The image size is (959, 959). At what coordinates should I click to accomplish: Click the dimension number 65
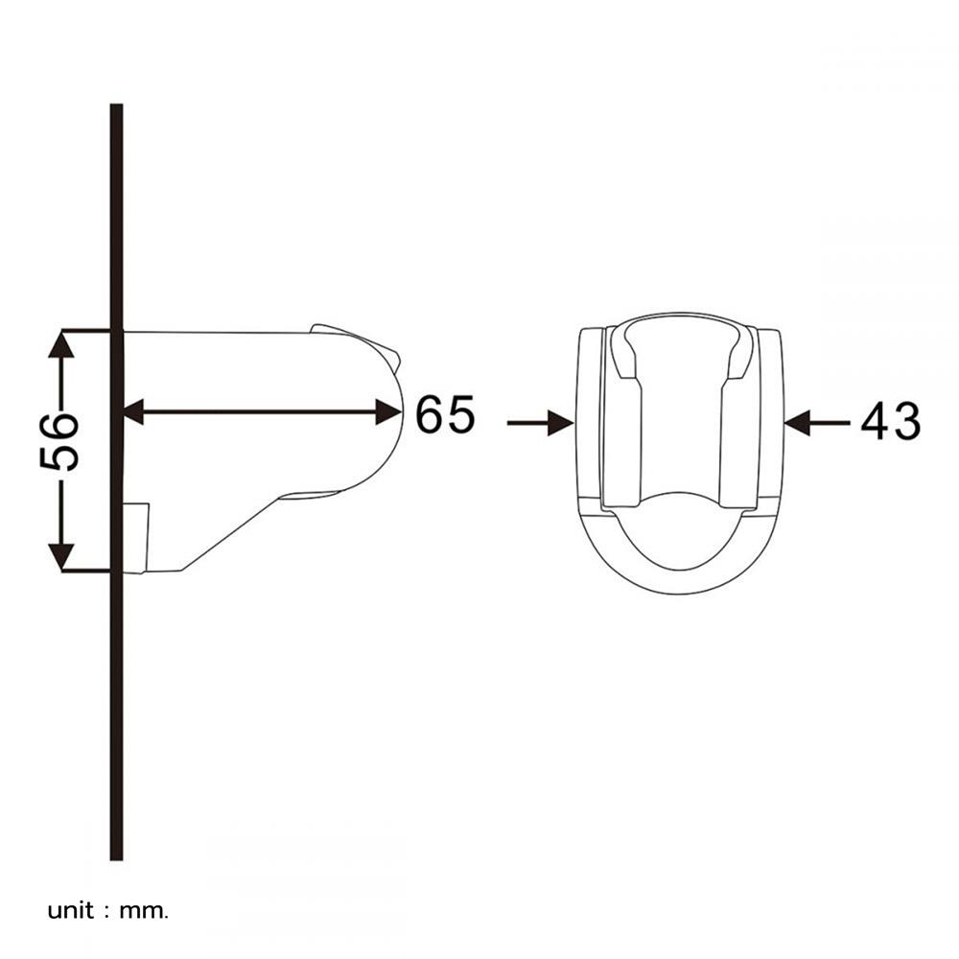click(x=445, y=414)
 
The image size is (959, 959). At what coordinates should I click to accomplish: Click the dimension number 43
click(x=890, y=421)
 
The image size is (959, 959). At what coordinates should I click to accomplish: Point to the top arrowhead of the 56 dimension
click(x=61, y=342)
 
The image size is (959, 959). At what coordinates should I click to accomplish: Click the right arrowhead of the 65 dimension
click(x=388, y=412)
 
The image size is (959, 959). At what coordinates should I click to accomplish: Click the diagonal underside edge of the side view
click(x=230, y=532)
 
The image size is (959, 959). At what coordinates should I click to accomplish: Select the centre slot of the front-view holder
click(x=679, y=422)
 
